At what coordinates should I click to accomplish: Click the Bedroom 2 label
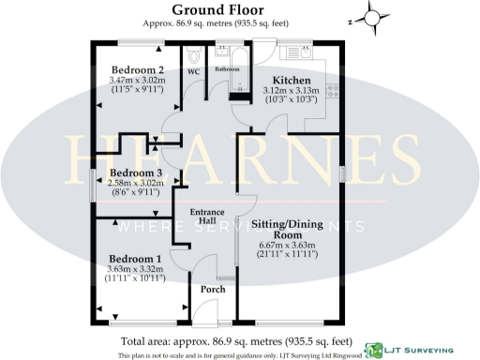(x=138, y=70)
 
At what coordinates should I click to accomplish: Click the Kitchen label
(x=291, y=81)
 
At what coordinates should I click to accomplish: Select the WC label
(x=195, y=70)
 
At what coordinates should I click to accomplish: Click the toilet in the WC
(x=195, y=52)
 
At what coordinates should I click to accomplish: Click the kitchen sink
(x=306, y=52)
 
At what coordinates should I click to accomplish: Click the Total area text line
(x=235, y=341)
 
